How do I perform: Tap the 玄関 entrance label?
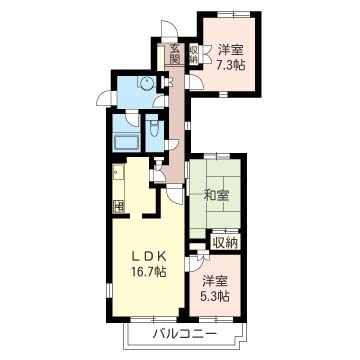tap(175, 52)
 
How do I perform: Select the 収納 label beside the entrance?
tap(193, 52)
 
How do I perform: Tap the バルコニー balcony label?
tap(179, 333)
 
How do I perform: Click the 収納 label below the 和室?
tap(226, 243)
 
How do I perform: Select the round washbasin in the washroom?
tap(146, 85)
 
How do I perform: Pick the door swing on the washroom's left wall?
tap(103, 95)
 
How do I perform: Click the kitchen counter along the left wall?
tap(117, 180)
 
